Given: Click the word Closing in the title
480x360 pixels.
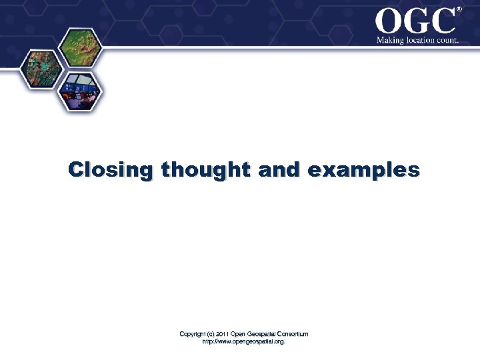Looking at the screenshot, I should pos(110,170).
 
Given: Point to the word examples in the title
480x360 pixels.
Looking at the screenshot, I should pos(364,170).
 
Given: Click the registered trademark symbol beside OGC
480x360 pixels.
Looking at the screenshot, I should pos(459,9).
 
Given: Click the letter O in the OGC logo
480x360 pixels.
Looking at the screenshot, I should pos(390,21).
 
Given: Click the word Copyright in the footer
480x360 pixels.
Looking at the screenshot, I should pos(193,334).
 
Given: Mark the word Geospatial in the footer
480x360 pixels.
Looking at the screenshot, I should pos(261,334).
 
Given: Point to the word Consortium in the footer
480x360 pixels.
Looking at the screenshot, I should pos(293,334).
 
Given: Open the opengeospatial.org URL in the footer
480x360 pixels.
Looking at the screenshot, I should pos(243,341).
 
